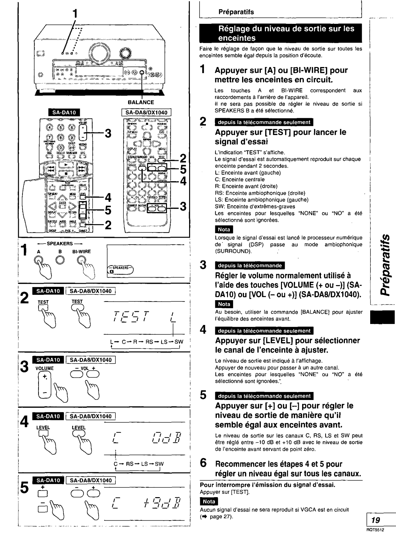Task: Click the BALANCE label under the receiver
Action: pyautogui.click(x=141, y=103)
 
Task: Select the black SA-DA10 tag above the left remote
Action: pyautogui.click(x=64, y=113)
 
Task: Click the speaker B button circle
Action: pyautogui.click(x=60, y=260)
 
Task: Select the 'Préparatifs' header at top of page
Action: pyautogui.click(x=236, y=12)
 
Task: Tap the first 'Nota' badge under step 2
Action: pyautogui.click(x=224, y=229)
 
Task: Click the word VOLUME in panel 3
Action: pyautogui.click(x=44, y=368)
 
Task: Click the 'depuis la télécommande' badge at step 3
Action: pyautogui.click(x=249, y=266)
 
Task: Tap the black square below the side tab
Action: pyautogui.click(x=382, y=317)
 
